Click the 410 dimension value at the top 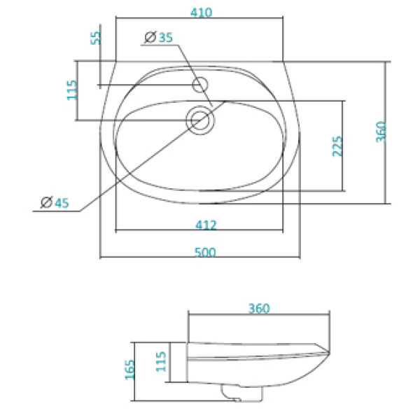click(199, 13)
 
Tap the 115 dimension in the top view click(72, 90)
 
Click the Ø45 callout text click(53, 203)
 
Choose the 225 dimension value click(337, 146)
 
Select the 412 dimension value click(206, 225)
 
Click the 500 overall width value click(204, 251)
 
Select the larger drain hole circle click(202, 120)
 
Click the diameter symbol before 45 click(45, 203)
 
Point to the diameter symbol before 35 click(148, 38)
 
